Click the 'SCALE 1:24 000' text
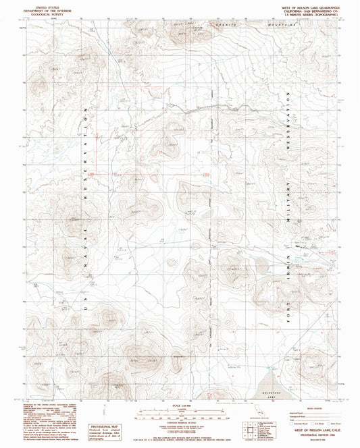(x=179, y=405)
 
